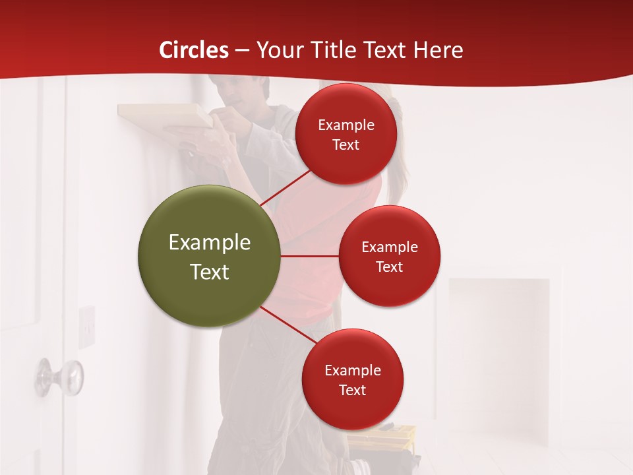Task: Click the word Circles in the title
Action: pos(194,50)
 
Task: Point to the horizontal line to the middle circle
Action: pos(309,256)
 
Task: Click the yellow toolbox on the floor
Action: pos(382,436)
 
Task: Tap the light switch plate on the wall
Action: pos(87,326)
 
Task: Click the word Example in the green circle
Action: pos(210,243)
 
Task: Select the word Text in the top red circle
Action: pos(346,145)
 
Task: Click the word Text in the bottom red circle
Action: pos(353,391)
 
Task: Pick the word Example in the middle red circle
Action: pos(390,247)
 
